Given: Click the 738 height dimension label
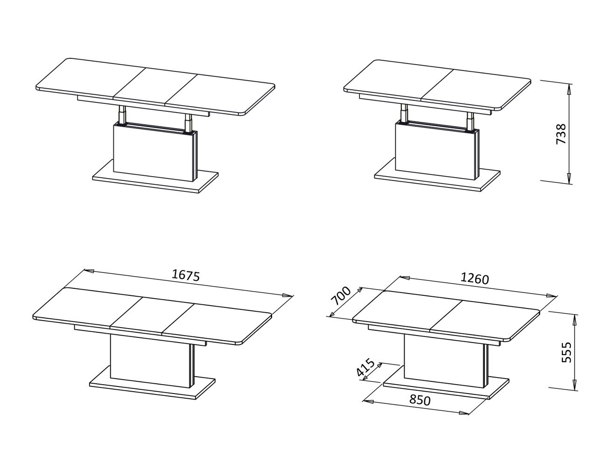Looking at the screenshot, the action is point(561,134).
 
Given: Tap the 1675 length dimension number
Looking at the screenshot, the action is point(186,275).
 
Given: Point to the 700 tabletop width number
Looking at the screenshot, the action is point(341,296).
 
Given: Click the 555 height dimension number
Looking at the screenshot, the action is point(567,352).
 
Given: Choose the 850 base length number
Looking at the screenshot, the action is point(420,400).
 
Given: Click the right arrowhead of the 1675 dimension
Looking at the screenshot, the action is point(287,296).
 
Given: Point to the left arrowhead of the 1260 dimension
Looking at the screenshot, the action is point(404,278).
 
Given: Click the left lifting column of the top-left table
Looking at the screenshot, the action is point(122,114).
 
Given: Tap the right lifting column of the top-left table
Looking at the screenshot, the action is point(188,122).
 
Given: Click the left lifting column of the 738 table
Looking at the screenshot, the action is point(404,113).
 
